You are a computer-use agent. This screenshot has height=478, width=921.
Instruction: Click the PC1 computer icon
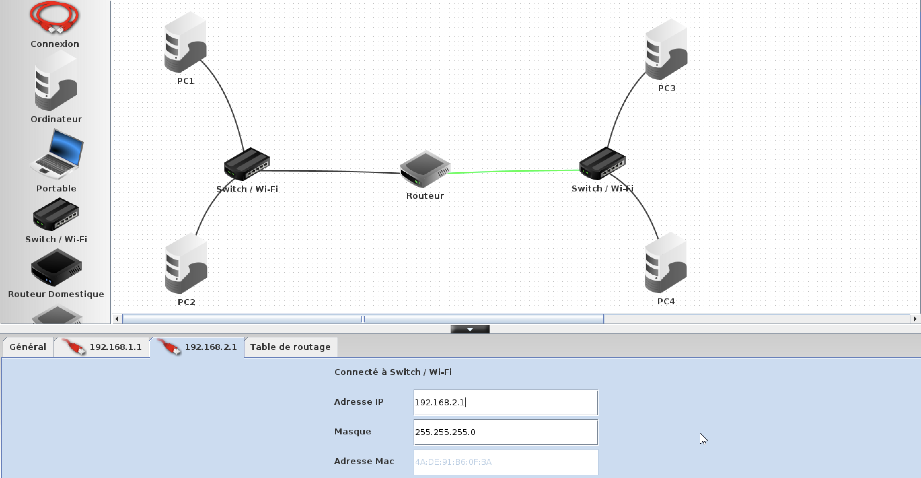185,43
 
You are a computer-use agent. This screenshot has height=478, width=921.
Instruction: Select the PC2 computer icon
186,264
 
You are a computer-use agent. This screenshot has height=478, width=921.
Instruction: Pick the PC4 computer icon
666,263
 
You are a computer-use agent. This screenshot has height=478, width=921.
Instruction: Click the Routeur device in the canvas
425,170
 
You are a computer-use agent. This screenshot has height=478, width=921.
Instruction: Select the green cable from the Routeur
513,171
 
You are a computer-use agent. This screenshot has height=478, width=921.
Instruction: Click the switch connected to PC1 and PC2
247,164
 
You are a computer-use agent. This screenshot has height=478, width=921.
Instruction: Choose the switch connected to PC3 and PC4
603,164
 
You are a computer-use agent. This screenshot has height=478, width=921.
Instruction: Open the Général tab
28,347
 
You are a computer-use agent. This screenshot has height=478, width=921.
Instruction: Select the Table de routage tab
290,347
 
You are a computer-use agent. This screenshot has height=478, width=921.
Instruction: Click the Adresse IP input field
505,402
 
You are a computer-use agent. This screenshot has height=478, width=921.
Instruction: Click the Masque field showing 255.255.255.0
505,432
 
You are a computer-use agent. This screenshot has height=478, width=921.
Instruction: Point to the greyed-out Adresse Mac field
505,461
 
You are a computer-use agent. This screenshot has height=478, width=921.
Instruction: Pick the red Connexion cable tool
55,18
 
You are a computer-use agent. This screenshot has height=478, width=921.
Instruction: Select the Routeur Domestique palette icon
56,268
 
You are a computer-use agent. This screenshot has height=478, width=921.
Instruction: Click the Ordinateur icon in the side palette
56,82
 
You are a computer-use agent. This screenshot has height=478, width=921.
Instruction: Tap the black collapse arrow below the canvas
470,329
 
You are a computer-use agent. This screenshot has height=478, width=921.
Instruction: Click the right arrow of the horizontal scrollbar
915,319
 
